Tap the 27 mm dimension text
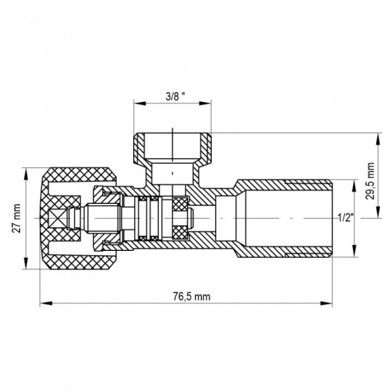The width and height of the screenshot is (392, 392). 16,219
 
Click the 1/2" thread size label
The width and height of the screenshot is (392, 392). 344,217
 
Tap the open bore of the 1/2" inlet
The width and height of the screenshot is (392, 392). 285,217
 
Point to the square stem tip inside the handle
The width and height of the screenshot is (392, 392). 70,217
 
